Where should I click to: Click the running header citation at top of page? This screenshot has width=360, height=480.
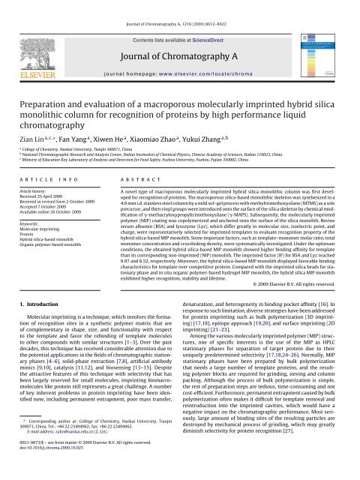[180, 5]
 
